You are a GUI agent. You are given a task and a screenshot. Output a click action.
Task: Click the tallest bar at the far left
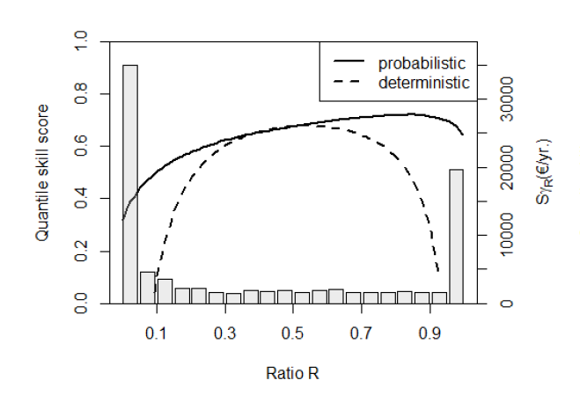pos(130,185)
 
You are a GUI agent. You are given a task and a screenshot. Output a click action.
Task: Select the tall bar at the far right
pos(456,237)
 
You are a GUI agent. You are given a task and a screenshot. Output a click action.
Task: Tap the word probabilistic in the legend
pos(422,63)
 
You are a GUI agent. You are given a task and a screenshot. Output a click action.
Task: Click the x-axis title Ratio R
pos(292,372)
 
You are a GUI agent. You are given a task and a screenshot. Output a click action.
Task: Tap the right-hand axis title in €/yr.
pos(542,172)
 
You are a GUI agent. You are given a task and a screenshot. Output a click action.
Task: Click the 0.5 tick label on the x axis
pos(293,335)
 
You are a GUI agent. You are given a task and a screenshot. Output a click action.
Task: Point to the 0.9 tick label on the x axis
pos(430,335)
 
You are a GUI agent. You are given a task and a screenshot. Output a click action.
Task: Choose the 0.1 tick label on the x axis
pos(156,335)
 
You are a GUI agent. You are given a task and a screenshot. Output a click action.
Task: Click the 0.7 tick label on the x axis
pos(362,335)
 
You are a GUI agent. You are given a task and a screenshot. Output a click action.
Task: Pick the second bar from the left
pos(147,288)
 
